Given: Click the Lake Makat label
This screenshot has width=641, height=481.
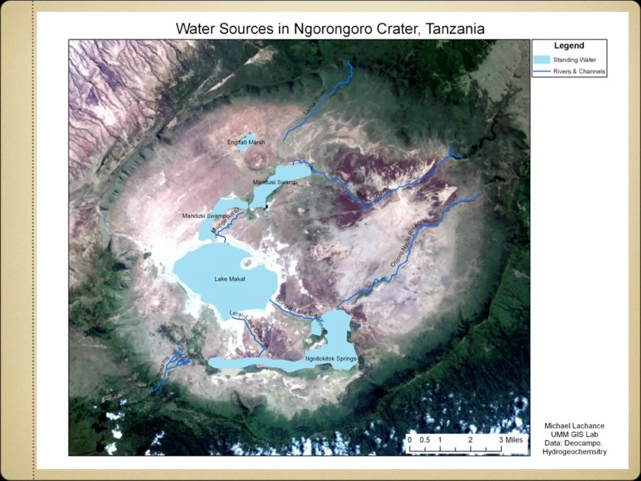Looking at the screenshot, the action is [x=230, y=279].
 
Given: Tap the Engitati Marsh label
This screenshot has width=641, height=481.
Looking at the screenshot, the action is [x=246, y=142].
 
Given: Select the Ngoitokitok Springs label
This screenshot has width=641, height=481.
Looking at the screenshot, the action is [x=331, y=359].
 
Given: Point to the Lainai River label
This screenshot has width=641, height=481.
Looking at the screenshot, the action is [x=315, y=102].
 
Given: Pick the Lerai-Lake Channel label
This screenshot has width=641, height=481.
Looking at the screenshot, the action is [x=249, y=329].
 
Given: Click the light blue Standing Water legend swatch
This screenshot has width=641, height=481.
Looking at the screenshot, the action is [x=541, y=60].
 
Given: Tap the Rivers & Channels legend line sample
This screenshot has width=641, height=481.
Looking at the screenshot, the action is [x=541, y=72].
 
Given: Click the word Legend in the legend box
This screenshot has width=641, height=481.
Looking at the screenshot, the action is [x=569, y=46].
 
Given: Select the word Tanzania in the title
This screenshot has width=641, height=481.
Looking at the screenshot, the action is [x=455, y=29].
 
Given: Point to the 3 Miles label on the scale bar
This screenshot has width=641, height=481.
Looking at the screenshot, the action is [x=511, y=440].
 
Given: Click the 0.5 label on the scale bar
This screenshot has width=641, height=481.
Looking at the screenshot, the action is [x=424, y=440].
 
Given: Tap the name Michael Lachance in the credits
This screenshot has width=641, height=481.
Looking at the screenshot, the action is [x=574, y=426].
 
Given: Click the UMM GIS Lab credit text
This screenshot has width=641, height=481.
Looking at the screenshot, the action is [x=574, y=434].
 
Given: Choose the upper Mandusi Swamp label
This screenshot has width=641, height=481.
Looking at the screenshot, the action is [x=275, y=182].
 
